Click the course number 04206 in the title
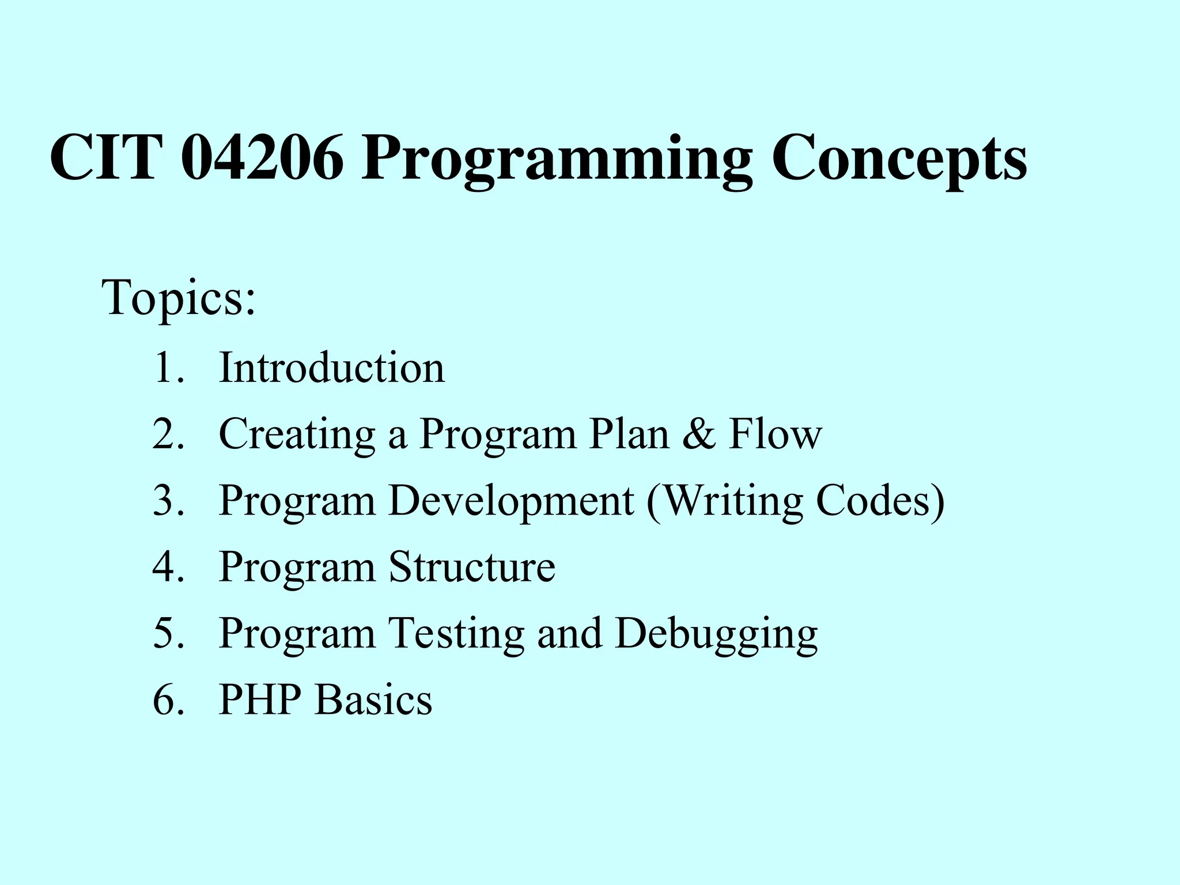[x=262, y=158]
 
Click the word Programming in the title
[x=557, y=161]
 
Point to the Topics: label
[x=179, y=298]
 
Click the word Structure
[x=472, y=568]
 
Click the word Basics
[x=373, y=700]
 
